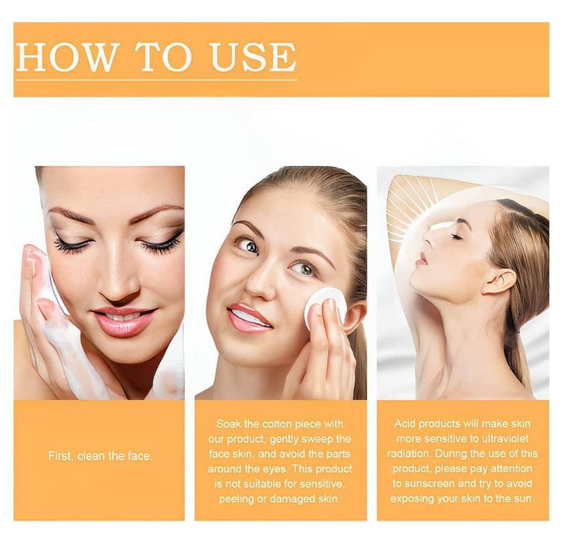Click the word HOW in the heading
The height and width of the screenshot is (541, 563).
(x=67, y=56)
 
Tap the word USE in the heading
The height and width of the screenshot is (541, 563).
(x=254, y=56)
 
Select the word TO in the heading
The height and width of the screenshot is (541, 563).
(x=164, y=56)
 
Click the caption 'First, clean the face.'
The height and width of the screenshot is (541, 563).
(x=101, y=456)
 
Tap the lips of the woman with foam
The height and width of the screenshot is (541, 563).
(x=123, y=321)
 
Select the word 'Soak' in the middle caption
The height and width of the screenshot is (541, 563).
(x=229, y=424)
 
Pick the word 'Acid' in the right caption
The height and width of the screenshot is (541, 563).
(x=405, y=424)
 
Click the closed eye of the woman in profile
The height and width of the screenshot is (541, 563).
(x=457, y=236)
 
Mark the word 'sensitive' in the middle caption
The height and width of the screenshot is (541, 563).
(x=322, y=484)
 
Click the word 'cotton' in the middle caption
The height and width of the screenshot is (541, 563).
(x=278, y=424)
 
